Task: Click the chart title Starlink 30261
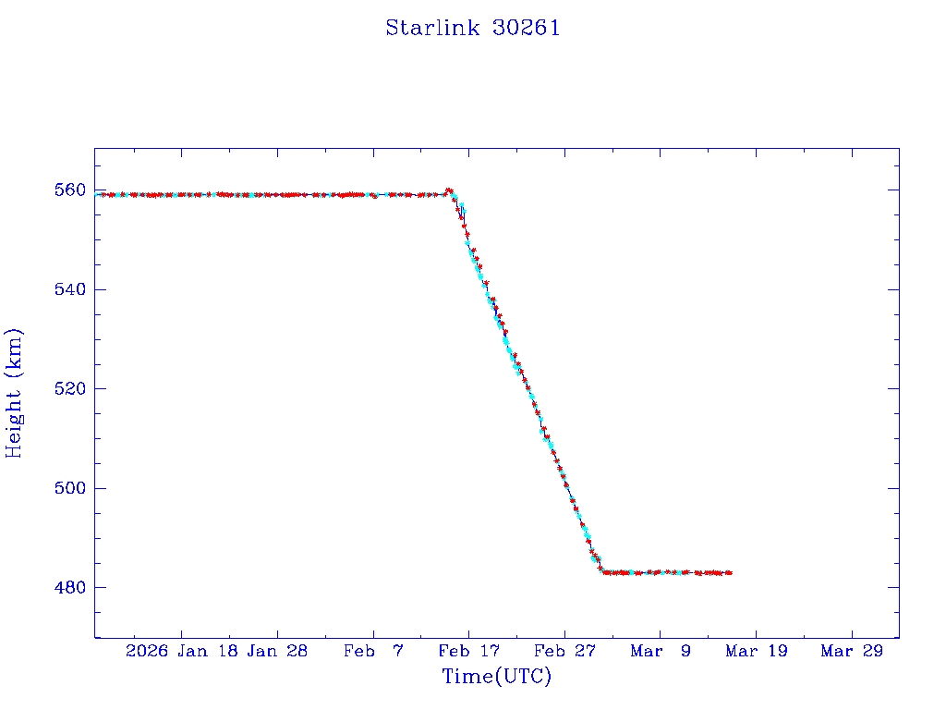click(473, 28)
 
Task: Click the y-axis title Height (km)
click(14, 393)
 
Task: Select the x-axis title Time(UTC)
click(497, 677)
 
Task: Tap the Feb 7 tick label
click(373, 651)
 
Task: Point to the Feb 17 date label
click(469, 651)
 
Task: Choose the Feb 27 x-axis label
click(565, 651)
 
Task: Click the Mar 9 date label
click(661, 651)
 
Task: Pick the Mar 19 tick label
click(758, 651)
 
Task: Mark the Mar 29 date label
click(853, 651)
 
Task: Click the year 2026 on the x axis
click(147, 651)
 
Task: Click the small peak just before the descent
click(449, 190)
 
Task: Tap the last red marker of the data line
click(730, 573)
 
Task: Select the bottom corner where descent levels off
click(603, 572)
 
